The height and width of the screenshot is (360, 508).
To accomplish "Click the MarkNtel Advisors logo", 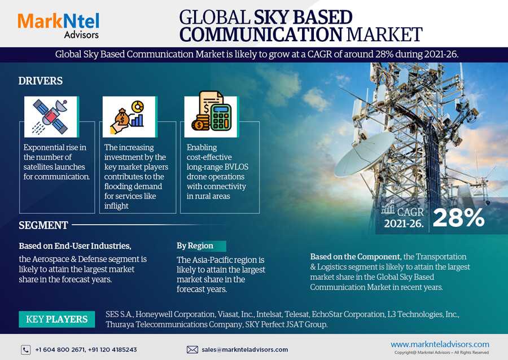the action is [58, 25].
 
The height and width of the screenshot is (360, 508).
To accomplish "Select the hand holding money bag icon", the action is [128, 117].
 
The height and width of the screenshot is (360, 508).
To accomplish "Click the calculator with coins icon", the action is [211, 112].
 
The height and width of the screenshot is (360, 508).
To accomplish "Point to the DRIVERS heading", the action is [41, 81].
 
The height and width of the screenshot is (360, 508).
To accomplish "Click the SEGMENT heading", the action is [43, 225].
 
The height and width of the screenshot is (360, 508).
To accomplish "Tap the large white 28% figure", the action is [458, 217].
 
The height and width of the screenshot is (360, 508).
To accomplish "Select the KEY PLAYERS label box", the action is [56, 319].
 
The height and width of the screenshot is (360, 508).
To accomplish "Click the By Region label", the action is [195, 245].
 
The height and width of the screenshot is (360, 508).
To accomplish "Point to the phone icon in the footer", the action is [26, 350].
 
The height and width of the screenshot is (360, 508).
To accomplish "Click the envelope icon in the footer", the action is [192, 350].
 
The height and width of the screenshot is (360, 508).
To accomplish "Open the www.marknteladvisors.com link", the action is [440, 344].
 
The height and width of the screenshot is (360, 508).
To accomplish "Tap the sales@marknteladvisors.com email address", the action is [244, 350].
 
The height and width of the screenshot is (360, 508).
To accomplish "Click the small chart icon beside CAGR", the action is [388, 207].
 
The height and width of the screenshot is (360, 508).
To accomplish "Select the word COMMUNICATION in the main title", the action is [261, 34].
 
